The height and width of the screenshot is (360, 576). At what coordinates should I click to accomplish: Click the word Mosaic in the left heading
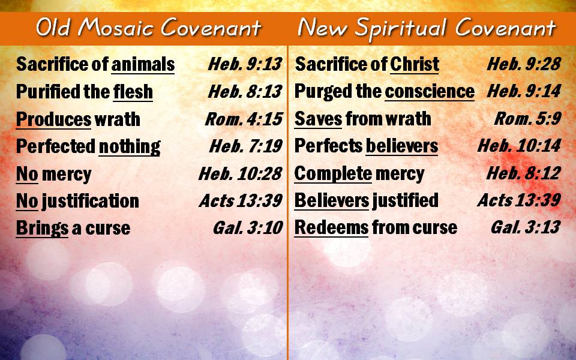pyautogui.click(x=116, y=28)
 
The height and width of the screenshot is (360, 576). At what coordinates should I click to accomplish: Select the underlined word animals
pyautogui.click(x=143, y=64)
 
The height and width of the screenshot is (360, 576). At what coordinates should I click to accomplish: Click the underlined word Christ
pyautogui.click(x=415, y=64)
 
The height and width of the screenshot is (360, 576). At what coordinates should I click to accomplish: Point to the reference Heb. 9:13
pyautogui.click(x=245, y=64)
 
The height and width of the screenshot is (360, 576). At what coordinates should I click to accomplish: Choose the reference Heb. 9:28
pyautogui.click(x=524, y=64)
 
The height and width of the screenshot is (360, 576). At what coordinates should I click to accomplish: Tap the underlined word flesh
pyautogui.click(x=133, y=91)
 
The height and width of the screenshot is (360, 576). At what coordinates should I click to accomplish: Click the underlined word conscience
pyautogui.click(x=430, y=91)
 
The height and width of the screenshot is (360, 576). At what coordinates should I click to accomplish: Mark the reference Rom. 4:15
pyautogui.click(x=244, y=119)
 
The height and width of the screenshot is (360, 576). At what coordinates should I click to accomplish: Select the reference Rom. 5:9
pyautogui.click(x=527, y=119)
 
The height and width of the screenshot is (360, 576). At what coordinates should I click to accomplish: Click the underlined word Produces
pyautogui.click(x=53, y=119)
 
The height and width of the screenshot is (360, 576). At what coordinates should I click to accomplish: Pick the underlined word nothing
pyautogui.click(x=130, y=146)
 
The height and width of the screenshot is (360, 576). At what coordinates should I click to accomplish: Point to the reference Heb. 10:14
pyautogui.click(x=519, y=146)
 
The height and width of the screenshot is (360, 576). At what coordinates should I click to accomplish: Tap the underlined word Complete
pyautogui.click(x=333, y=174)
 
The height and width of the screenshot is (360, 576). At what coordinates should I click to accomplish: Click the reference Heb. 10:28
pyautogui.click(x=240, y=174)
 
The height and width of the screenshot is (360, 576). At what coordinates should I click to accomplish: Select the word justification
pyautogui.click(x=91, y=202)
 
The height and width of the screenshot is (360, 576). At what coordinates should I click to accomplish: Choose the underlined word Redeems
pyautogui.click(x=331, y=227)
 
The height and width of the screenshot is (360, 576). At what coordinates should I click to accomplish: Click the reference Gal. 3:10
pyautogui.click(x=248, y=228)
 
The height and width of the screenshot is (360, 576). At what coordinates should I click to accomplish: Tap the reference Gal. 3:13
pyautogui.click(x=526, y=227)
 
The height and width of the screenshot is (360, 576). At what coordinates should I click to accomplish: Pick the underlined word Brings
pyautogui.click(x=42, y=229)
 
